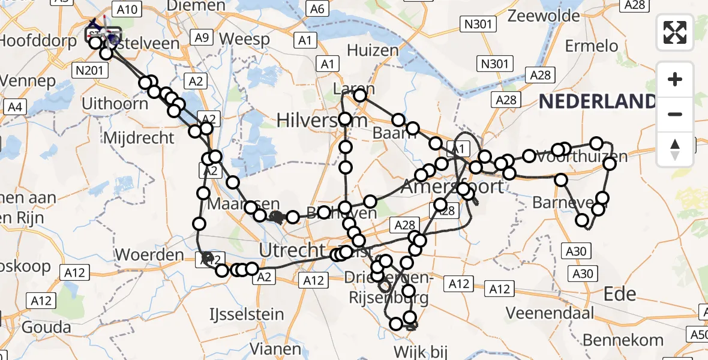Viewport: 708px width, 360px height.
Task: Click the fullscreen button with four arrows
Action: click(x=675, y=32)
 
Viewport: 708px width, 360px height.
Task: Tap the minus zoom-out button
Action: click(x=675, y=115)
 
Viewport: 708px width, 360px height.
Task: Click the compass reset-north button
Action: click(x=675, y=149)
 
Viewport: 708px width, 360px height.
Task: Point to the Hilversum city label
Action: click(x=322, y=120)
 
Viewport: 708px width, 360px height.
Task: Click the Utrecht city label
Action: click(x=291, y=249)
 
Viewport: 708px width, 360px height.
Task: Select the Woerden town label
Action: click(x=149, y=254)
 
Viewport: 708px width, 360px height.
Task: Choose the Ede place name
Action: click(x=620, y=294)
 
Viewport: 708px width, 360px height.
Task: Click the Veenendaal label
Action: click(x=550, y=313)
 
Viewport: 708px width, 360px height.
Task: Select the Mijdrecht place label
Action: click(x=139, y=137)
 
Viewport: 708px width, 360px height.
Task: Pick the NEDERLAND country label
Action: click(x=597, y=101)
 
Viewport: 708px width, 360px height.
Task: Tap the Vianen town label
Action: click(x=275, y=349)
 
